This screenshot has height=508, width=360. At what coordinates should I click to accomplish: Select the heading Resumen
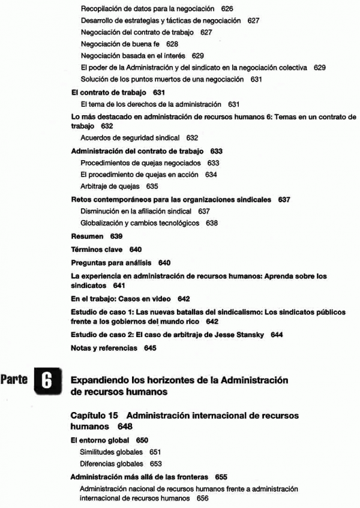87,237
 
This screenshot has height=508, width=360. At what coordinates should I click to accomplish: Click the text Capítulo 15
95,415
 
